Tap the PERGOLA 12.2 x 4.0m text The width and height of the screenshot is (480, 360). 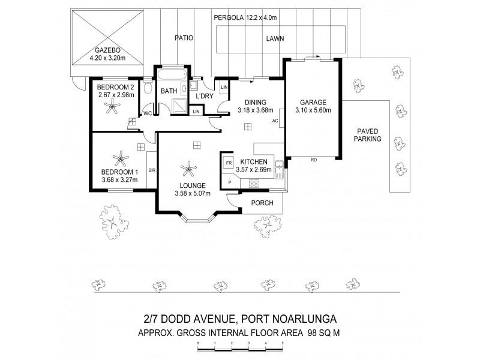click(246, 19)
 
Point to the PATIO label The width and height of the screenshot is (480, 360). click(184, 38)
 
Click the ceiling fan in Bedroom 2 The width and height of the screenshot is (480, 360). click(111, 107)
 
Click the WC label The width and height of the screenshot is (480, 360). click(147, 113)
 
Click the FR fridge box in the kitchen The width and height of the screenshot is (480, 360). click(228, 163)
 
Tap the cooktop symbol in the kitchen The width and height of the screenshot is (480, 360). click(253, 184)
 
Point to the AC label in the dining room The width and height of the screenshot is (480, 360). click(275, 121)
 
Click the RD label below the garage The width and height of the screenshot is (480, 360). click(313, 160)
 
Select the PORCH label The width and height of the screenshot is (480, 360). click(262, 203)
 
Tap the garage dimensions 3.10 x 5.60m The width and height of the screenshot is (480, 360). click(313, 110)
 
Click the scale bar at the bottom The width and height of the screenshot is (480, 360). click(240, 345)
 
